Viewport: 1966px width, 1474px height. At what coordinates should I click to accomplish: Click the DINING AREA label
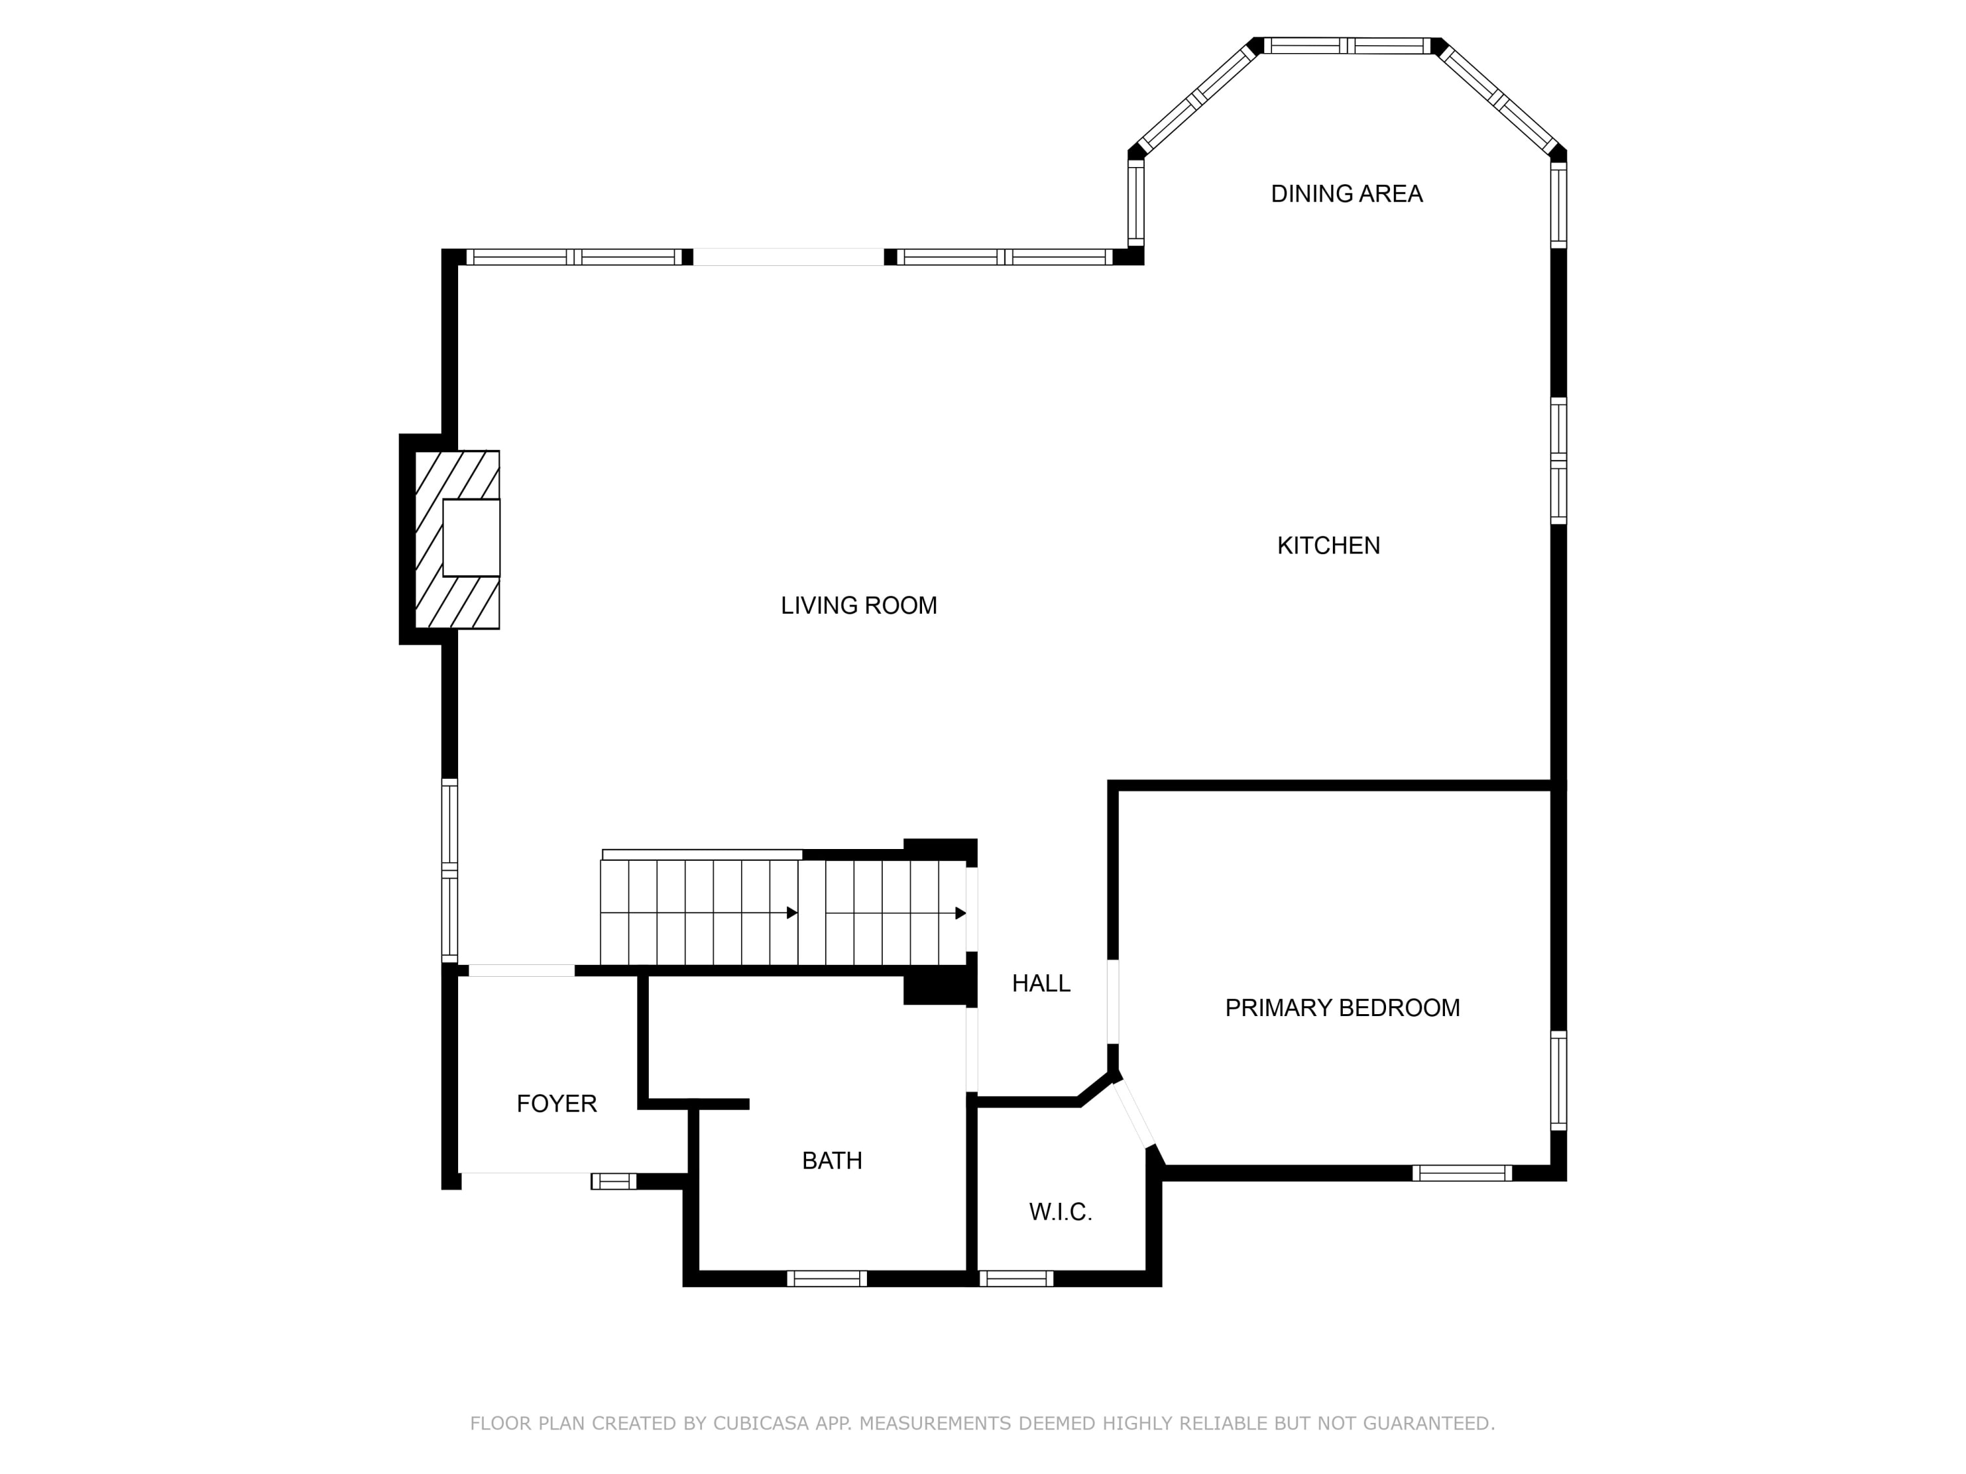point(1347,194)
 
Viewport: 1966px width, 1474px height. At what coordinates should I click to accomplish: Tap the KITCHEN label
point(1329,546)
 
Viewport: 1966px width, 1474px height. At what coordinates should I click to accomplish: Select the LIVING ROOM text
point(858,606)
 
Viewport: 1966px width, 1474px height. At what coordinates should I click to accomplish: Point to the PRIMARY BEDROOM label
point(1342,1008)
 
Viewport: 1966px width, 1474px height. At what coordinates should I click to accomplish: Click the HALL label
point(1041,983)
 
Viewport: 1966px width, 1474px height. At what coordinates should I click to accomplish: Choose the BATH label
point(832,1160)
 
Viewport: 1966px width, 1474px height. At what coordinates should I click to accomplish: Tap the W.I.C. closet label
point(1060,1212)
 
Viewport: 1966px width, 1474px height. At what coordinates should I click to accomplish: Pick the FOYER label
point(556,1103)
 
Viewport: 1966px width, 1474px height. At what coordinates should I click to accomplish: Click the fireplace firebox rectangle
point(471,538)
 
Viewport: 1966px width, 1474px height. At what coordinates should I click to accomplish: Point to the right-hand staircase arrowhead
point(961,913)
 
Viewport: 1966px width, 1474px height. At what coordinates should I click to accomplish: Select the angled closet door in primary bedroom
point(1134,1113)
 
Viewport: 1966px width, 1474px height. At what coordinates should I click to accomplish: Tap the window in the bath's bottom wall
point(826,1279)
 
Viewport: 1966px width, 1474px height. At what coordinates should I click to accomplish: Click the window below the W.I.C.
point(1016,1279)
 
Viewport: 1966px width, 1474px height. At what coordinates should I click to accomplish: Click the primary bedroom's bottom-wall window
point(1462,1173)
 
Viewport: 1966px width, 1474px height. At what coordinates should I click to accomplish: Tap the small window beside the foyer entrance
point(614,1181)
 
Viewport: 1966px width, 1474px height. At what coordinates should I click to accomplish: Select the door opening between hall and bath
point(973,1049)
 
